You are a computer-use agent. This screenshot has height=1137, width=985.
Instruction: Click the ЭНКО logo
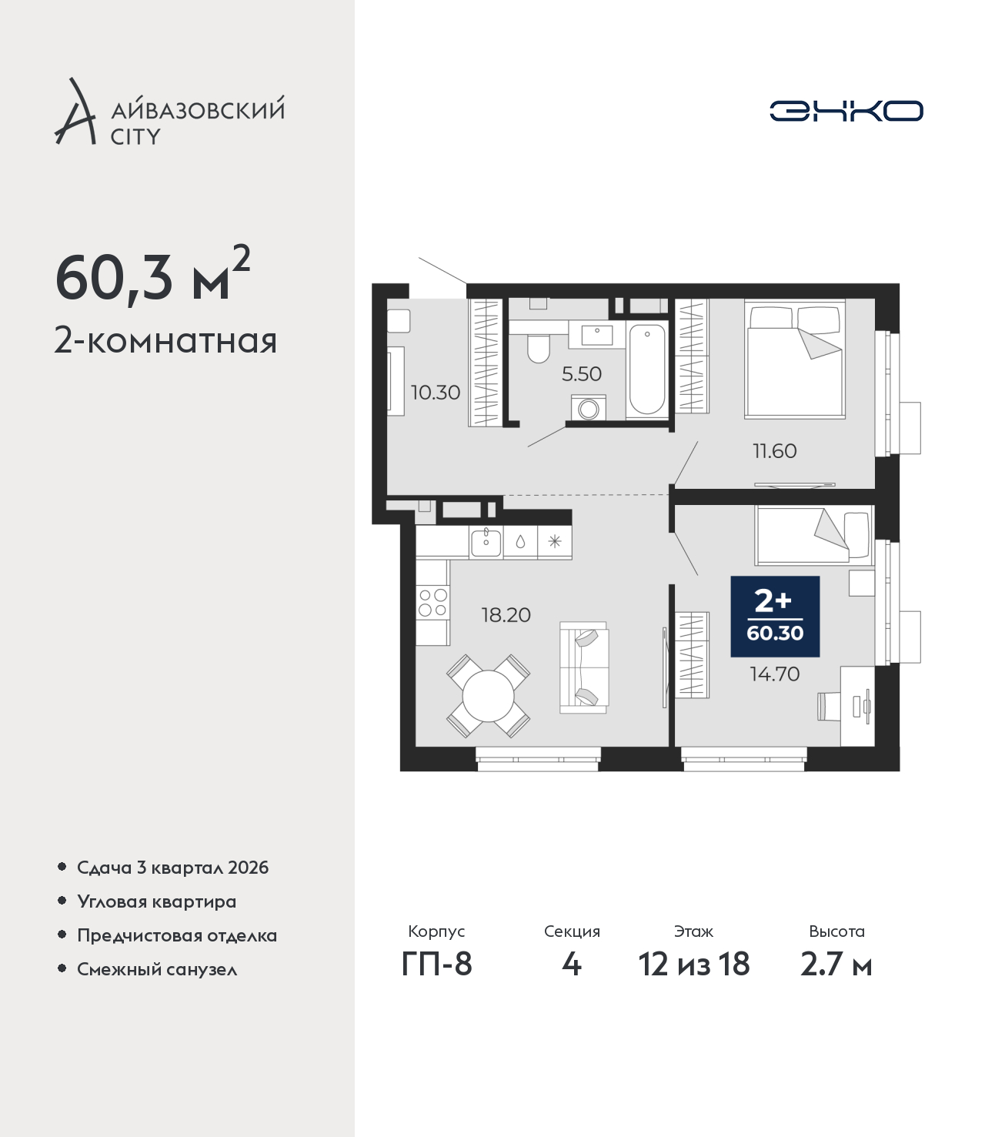(x=846, y=111)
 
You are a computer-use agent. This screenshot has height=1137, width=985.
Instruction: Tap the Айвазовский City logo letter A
(x=75, y=112)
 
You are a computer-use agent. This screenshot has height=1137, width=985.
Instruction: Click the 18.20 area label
(x=506, y=614)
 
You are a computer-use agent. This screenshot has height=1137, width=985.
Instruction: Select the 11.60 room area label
(x=774, y=451)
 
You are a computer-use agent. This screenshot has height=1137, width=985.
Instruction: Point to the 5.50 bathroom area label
(x=581, y=374)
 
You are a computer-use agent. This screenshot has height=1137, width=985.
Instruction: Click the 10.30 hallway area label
(x=435, y=393)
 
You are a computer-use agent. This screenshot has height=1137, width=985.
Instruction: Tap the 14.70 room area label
(x=774, y=674)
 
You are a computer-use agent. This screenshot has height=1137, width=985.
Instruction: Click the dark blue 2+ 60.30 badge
(x=775, y=617)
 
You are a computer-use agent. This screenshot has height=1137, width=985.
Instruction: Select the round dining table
(x=488, y=697)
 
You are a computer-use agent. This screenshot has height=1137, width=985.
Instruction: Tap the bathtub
(x=646, y=370)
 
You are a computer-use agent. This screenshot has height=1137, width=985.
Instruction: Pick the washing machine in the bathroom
(x=588, y=408)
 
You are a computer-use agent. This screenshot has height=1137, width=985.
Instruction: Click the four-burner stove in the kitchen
(x=432, y=602)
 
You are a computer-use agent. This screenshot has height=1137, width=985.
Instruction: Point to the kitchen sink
(x=486, y=542)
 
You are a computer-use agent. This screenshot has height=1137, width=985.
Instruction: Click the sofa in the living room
(x=584, y=667)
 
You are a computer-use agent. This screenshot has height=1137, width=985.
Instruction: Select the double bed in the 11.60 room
(x=795, y=359)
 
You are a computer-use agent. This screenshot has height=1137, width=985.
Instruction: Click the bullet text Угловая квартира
(x=157, y=902)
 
